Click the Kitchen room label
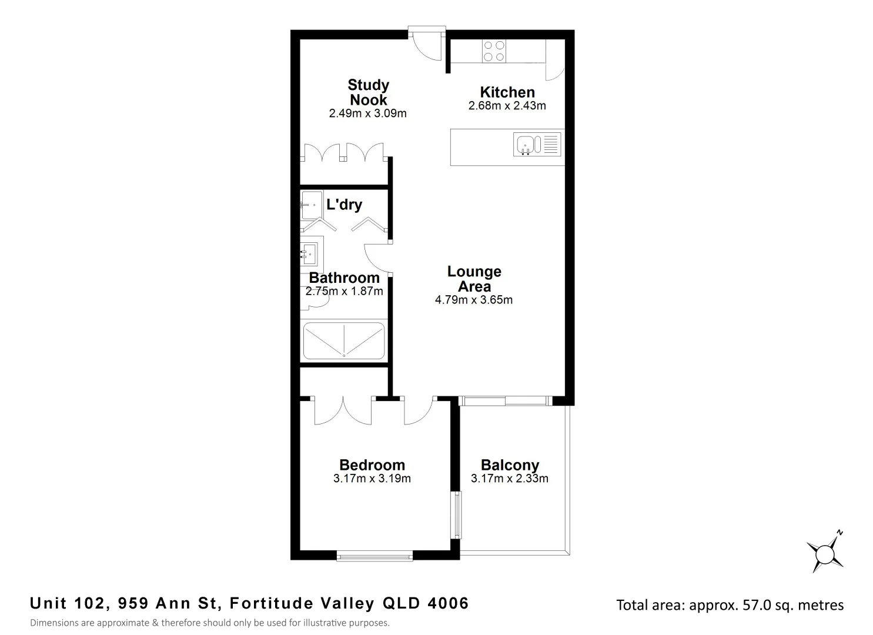(507, 92)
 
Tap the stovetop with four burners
(493, 51)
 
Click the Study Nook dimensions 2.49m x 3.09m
(367, 113)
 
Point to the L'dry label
(344, 205)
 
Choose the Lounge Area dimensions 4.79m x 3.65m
(473, 300)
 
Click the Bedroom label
(372, 465)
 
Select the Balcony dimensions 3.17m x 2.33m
(509, 479)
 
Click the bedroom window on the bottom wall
(374, 556)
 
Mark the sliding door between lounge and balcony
(505, 401)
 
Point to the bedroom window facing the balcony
(456, 514)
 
